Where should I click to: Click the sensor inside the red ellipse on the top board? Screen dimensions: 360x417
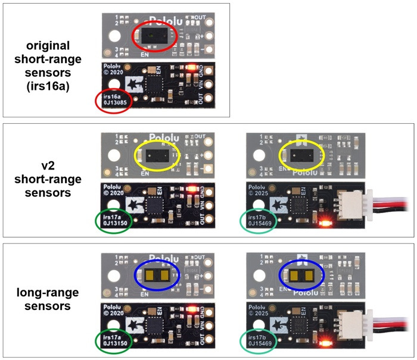[x=154, y=35]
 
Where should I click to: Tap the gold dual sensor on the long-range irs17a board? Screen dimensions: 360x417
[x=157, y=274]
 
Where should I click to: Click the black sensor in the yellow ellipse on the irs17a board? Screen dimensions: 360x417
[x=156, y=156]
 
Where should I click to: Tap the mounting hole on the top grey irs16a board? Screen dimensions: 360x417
[x=113, y=35]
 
